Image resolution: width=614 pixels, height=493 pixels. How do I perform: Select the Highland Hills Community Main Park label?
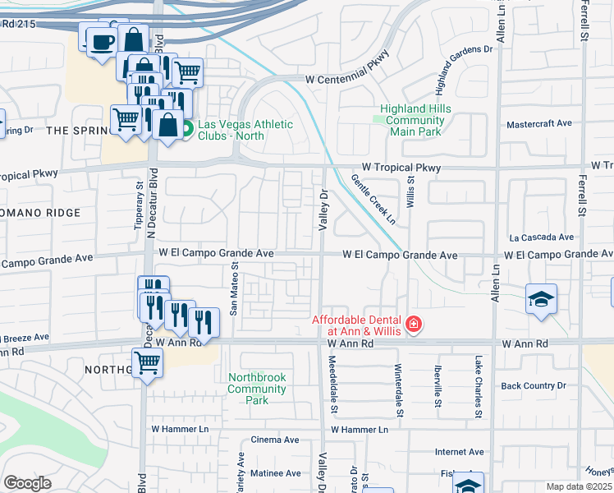(415, 120)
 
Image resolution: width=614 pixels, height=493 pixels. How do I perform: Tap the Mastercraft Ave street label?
(538, 123)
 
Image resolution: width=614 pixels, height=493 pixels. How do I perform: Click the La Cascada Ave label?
(540, 237)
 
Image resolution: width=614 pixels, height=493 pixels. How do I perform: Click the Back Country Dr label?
(534, 385)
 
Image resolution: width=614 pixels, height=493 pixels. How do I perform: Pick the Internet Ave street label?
(460, 452)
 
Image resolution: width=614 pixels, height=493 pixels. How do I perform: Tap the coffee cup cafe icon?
(101, 41)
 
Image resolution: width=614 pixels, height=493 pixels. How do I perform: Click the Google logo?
(27, 483)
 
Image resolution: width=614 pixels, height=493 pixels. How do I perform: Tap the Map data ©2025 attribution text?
(580, 486)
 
